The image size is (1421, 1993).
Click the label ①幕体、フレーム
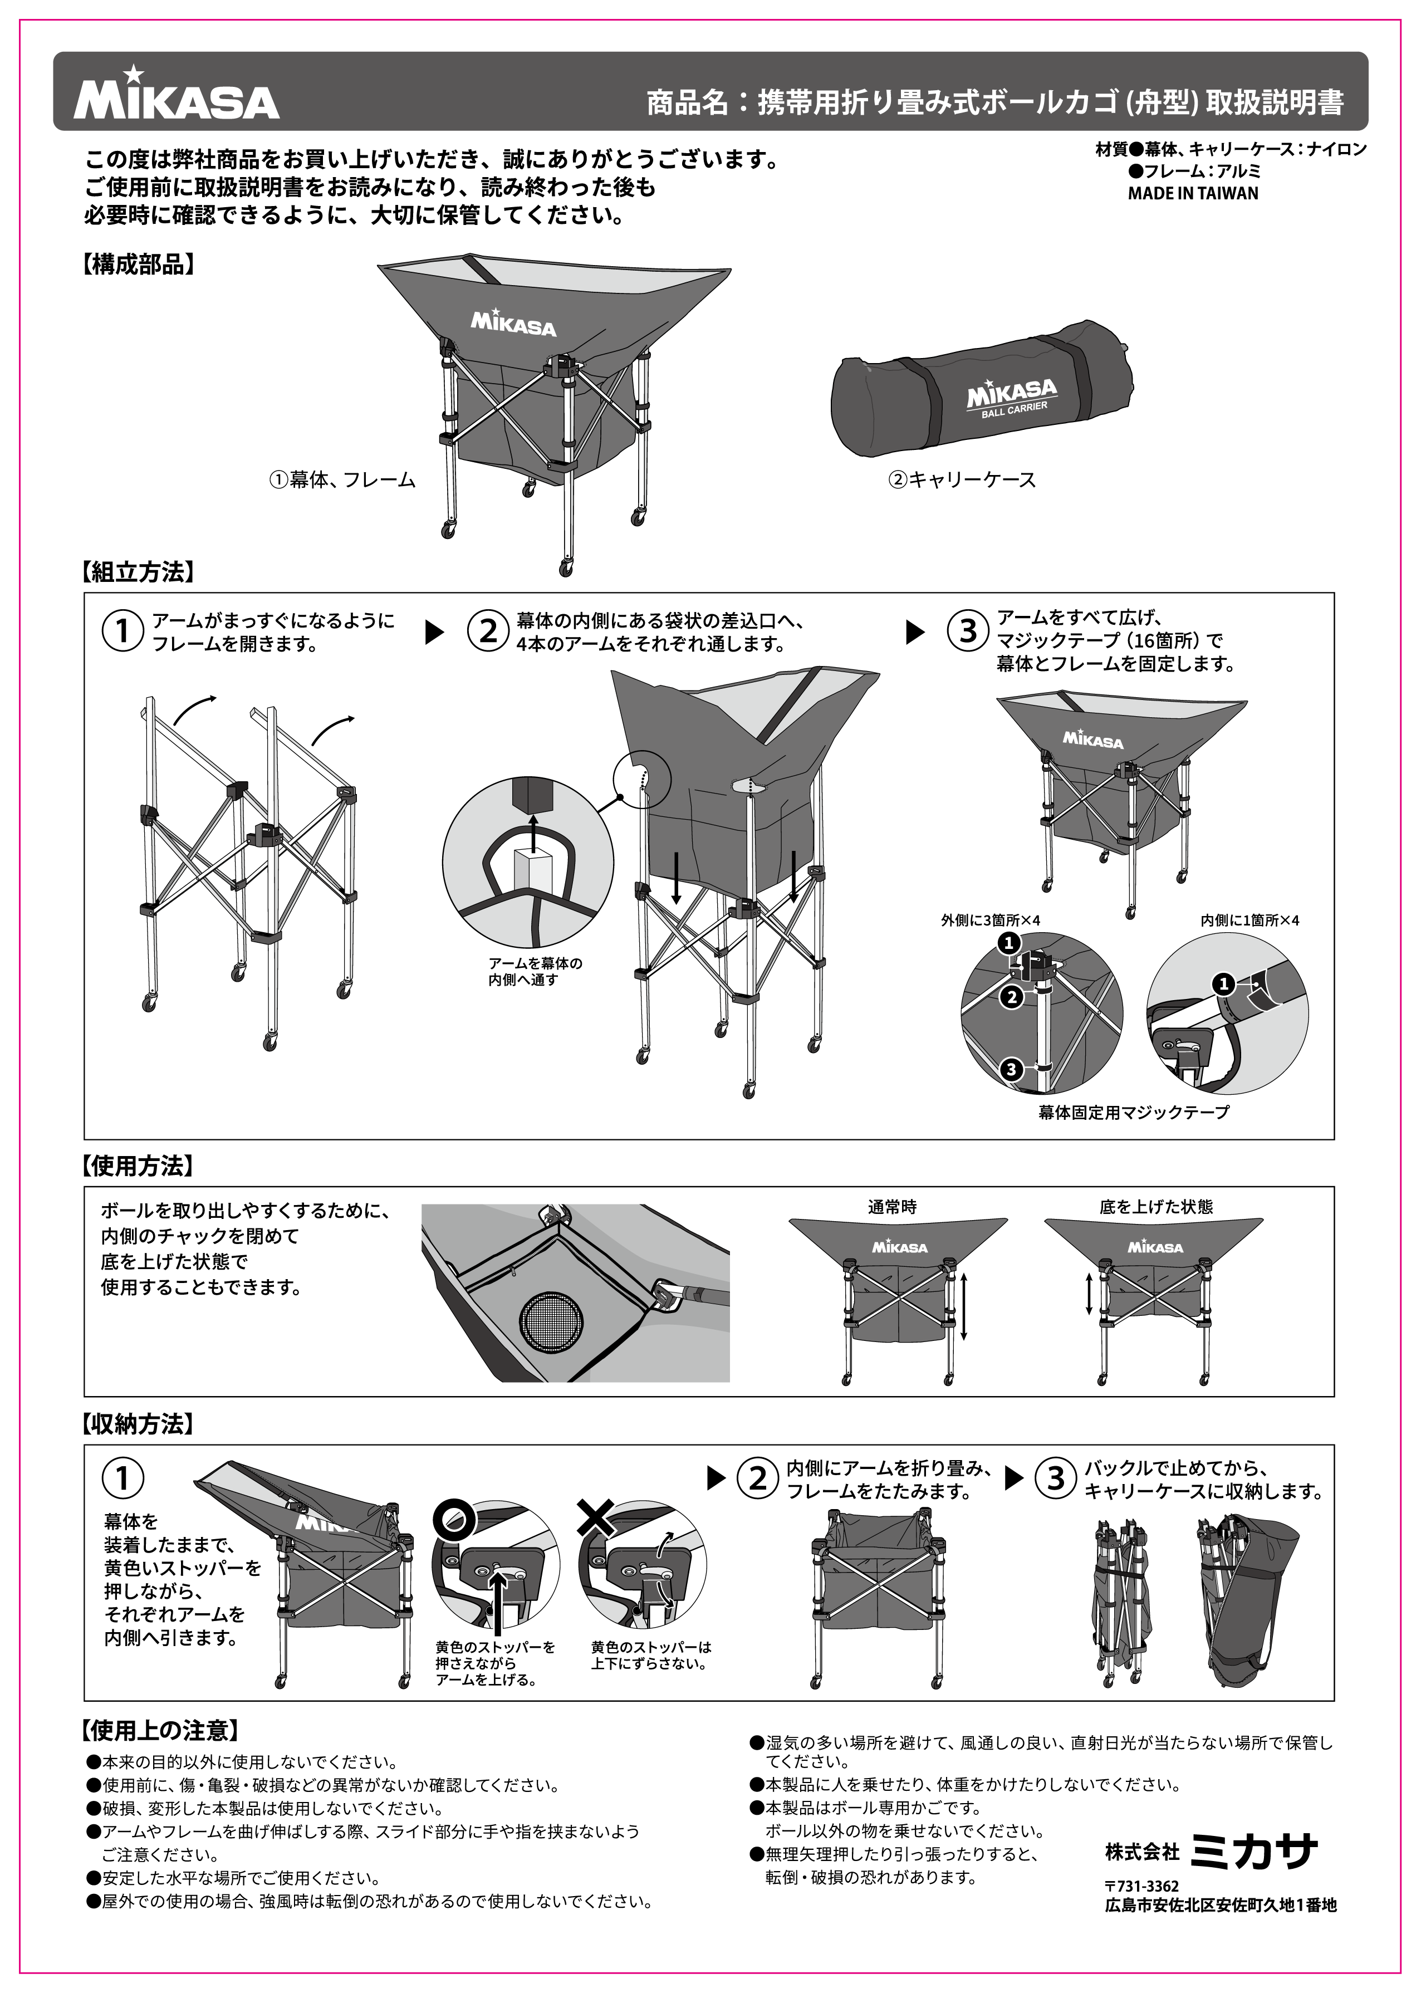[x=341, y=479]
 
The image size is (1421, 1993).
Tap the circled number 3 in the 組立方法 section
[x=968, y=631]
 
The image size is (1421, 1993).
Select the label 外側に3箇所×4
[x=989, y=920]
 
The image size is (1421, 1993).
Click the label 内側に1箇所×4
[x=1249, y=920]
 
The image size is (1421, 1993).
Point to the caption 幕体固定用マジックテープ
[x=1133, y=1113]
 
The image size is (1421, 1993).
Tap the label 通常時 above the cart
[x=891, y=1207]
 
